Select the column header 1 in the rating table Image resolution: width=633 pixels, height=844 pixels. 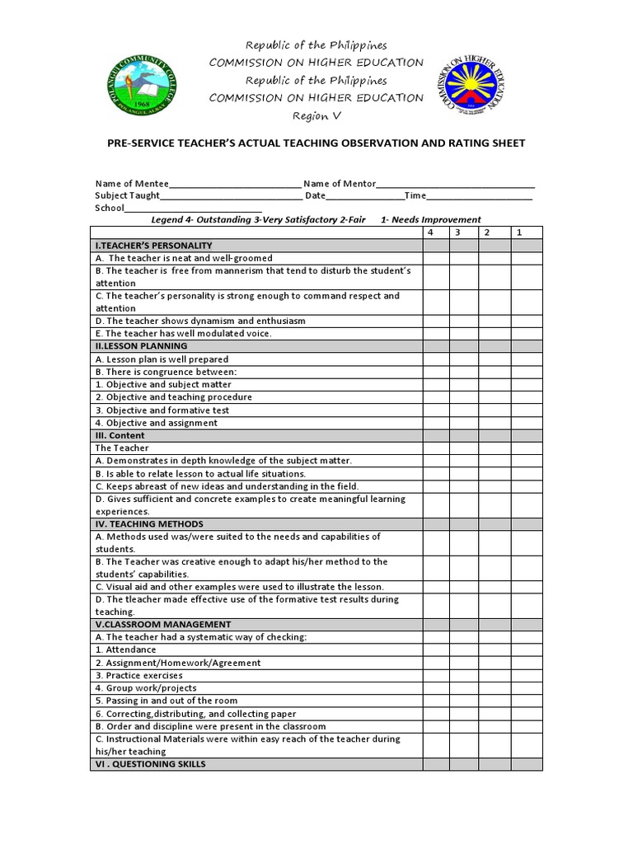coord(518,232)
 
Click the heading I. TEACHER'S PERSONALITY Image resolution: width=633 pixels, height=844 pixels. coord(154,246)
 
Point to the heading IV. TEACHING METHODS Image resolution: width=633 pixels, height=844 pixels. coord(149,524)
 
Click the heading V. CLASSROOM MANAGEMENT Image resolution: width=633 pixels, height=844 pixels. coord(163,625)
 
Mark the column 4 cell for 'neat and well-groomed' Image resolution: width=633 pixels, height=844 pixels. coord(435,258)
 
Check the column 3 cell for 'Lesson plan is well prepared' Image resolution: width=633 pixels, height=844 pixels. coord(463,359)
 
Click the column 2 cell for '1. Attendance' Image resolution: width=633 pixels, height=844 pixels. coord(495,650)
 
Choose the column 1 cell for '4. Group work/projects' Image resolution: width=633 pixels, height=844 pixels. coord(527,688)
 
